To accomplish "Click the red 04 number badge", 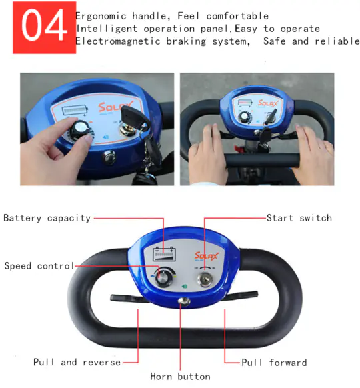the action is tap(44, 27).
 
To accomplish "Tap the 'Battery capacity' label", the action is tap(47, 219).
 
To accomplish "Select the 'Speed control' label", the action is tap(39, 266).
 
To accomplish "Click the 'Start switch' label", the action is tap(299, 218).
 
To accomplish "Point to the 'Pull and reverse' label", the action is tap(77, 362).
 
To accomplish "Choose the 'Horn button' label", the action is tap(181, 377).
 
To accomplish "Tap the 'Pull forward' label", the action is tap(274, 363).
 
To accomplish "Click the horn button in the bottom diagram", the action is tap(184, 301).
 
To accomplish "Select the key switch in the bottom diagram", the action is tap(205, 279).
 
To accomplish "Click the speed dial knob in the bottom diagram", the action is tap(163, 277).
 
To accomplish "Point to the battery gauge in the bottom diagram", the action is tap(164, 254).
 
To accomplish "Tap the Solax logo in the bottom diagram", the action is tap(207, 256).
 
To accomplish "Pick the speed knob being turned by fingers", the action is tap(80, 130).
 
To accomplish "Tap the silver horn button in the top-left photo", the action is tap(109, 157).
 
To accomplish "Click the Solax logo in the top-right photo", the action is tap(268, 103).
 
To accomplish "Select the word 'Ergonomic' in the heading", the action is tap(101, 16).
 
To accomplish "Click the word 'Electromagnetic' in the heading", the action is tap(118, 41).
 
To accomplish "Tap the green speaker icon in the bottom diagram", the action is tap(184, 287).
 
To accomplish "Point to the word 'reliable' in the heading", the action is tap(337, 41).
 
